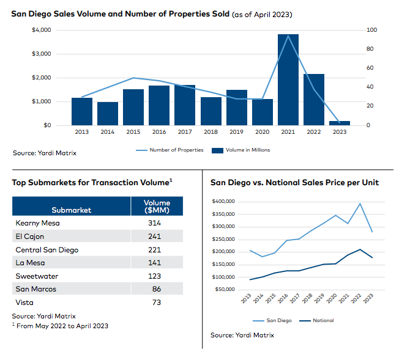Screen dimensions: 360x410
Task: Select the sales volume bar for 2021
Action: (288, 79)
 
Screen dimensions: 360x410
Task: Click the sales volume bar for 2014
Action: (108, 114)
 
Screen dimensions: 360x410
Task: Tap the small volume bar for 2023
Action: (340, 123)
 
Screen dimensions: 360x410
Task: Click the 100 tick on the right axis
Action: (371, 30)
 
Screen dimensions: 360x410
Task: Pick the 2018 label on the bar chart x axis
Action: (211, 131)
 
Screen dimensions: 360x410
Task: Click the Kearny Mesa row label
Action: (37, 222)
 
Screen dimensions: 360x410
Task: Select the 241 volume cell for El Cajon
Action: (154, 236)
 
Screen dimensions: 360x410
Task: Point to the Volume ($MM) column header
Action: (157, 206)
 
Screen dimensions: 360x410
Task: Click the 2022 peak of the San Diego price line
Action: (360, 204)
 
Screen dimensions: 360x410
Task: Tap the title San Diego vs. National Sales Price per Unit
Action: (294, 182)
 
